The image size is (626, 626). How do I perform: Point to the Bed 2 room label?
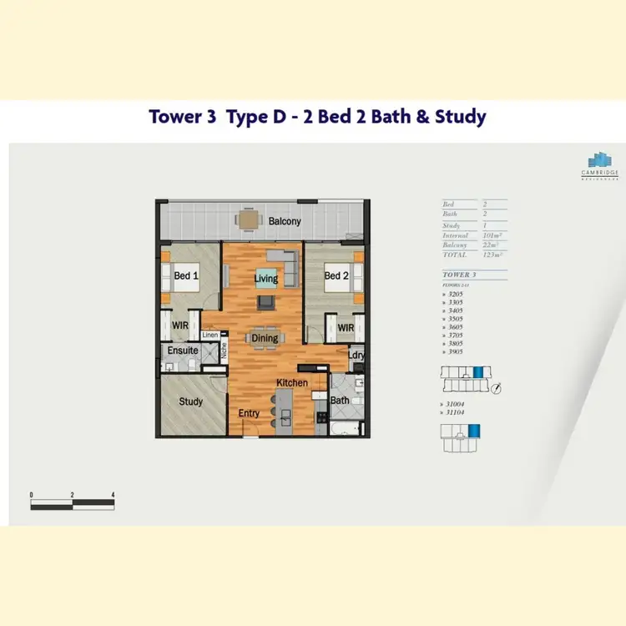pos(336,276)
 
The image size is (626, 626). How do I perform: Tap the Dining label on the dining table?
pos(265,338)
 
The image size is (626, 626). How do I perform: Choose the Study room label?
pos(191,401)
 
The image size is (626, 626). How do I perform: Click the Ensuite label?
pos(182,351)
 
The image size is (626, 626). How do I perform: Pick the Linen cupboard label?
pos(210,336)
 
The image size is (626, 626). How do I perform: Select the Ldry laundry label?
pos(356,356)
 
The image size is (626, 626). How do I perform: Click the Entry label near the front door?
pos(249,413)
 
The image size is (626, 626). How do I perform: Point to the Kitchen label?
pos(293,383)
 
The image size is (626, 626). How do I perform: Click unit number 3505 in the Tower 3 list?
pos(456,318)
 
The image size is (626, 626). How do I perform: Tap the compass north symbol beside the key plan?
pos(497,387)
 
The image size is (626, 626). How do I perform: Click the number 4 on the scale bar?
pos(113,495)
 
